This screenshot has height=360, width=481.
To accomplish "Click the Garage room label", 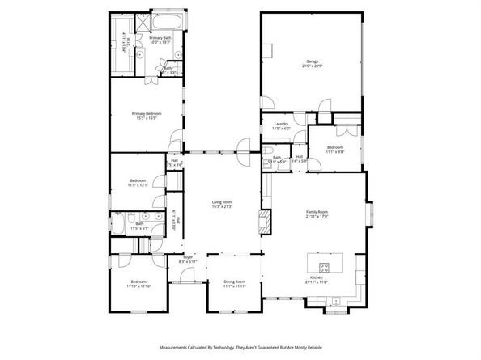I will point(312,61).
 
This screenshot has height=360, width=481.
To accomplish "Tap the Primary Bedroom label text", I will point(148,114).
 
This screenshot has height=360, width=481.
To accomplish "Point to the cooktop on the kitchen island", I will point(324,266).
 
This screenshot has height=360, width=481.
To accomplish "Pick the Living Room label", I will point(222,202).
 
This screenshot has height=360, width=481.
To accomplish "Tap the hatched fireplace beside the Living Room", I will point(263,222).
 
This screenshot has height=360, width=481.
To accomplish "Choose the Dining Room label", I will point(234,282).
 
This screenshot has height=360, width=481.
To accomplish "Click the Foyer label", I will point(187,257).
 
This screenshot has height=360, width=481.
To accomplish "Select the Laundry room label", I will point(281,125).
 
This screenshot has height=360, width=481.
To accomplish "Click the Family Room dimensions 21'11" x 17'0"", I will point(317,216).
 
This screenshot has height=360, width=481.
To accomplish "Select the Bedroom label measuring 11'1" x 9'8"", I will point(335,147).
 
